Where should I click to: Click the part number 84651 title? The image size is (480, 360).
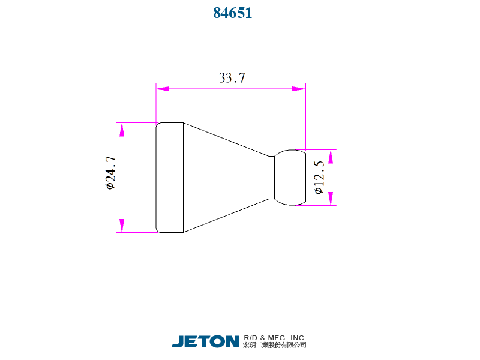point(232,13)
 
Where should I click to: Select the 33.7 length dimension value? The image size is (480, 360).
point(232,78)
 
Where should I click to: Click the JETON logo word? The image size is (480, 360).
point(206,341)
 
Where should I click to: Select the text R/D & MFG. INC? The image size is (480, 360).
point(275,337)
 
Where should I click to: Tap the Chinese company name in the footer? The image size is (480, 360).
point(275,346)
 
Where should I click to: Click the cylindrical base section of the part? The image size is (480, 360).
point(170,178)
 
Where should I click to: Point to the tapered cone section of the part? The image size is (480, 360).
point(225,178)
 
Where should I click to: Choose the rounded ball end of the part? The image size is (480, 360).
point(290,178)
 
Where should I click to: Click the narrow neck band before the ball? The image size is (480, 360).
point(272,178)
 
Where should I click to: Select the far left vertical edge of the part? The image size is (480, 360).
point(156,178)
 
